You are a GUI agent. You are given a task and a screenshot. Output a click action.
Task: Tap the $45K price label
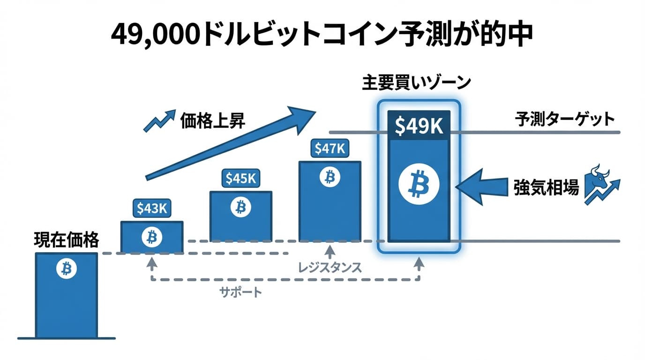241,179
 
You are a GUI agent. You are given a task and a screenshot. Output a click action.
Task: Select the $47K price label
330,149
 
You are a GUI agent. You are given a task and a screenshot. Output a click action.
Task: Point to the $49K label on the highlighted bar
419,126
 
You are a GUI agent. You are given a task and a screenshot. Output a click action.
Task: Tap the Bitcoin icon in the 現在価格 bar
66,269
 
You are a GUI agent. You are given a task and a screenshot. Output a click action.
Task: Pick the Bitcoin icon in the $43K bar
151,237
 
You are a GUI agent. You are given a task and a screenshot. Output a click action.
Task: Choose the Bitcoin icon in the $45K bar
240,207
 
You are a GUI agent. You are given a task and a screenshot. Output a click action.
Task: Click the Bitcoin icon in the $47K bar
330,177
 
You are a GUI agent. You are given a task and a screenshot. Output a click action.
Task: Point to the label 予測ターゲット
564,119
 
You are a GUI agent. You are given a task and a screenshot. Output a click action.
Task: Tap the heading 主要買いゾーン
416,83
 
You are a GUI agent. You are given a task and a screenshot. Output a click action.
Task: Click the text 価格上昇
212,121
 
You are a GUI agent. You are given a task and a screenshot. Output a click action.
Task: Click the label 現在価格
67,240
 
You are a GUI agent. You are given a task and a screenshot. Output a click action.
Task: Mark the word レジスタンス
330,268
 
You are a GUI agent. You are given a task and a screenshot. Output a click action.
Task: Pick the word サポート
241,292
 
